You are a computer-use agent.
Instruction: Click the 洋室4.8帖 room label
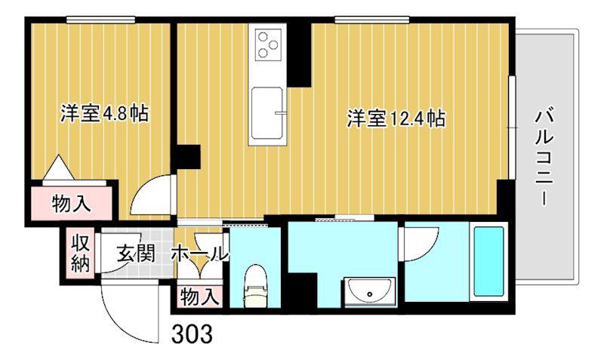pos(104,113)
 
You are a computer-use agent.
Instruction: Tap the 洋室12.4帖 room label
pos(396,118)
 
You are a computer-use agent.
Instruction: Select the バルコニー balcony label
pos(544,157)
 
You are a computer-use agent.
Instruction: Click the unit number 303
pos(192,334)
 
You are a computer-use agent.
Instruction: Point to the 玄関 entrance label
pos(136,254)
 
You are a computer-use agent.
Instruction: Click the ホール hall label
pos(199,254)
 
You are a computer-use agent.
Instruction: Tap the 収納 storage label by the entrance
pos(81,254)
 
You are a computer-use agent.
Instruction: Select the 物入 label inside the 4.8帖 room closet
pos(72,203)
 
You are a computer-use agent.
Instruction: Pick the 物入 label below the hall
pos(199,297)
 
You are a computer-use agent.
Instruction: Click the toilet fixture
pos(255,286)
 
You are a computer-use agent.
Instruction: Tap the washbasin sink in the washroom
pos(370,291)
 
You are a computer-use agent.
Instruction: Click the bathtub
pos(488,261)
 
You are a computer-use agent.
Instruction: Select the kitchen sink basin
pos(267,114)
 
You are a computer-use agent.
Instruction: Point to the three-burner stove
pos(267,45)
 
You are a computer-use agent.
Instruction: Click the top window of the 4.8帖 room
pos(100,20)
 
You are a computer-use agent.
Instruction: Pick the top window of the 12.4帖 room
pos(371,20)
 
